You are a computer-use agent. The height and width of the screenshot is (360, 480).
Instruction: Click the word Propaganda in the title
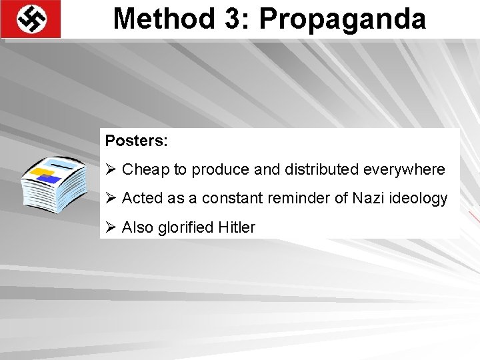[x=343, y=19]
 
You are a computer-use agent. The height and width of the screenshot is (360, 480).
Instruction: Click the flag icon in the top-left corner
[x=31, y=19]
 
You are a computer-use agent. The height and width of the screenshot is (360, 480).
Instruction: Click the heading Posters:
[x=137, y=141]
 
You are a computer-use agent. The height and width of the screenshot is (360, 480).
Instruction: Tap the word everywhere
[x=404, y=170]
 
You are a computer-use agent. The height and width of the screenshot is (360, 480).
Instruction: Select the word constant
[x=228, y=199]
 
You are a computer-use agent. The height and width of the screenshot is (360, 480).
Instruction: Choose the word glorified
[x=186, y=227]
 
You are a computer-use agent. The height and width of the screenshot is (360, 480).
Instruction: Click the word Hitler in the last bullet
[x=237, y=227]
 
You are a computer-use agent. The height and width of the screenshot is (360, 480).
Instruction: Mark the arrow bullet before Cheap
[x=111, y=169]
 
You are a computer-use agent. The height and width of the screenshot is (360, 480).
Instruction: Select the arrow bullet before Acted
[x=111, y=198]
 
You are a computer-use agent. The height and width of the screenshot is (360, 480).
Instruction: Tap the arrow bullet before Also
[x=111, y=227]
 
